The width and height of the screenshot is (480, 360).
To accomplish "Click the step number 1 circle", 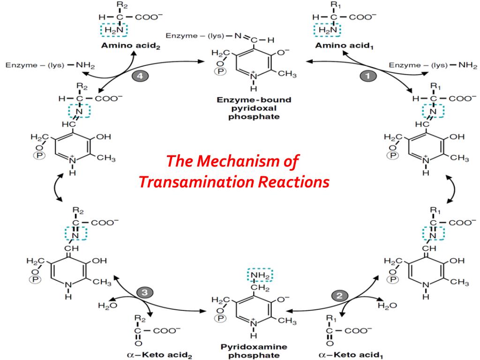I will [x=367, y=75].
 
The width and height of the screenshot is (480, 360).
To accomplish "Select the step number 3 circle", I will [x=145, y=292].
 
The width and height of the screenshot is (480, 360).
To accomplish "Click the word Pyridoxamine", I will [x=253, y=347].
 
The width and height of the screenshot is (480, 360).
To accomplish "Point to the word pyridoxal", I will [x=253, y=108].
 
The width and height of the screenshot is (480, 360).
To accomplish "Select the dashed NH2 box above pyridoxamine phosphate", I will [x=260, y=275].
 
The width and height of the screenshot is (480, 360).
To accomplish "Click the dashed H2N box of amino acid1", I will [x=327, y=30].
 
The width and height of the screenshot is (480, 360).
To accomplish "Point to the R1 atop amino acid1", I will [x=333, y=6].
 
